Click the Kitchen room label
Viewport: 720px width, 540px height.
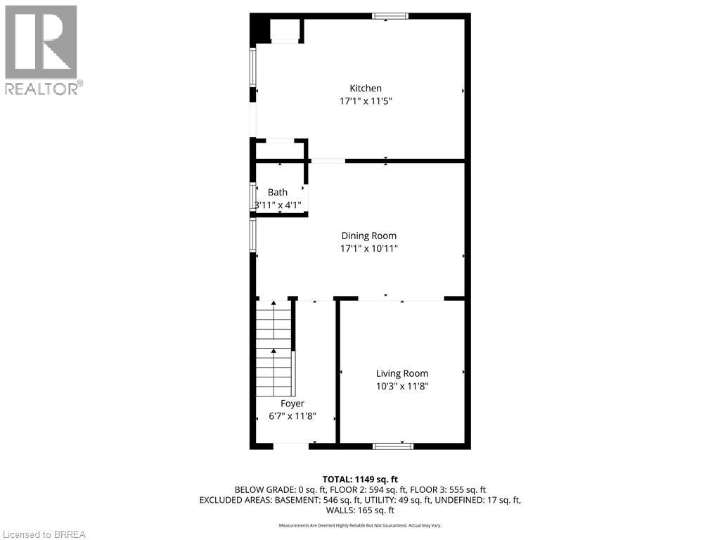[366, 88]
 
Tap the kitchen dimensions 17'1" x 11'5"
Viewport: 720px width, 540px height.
[366, 101]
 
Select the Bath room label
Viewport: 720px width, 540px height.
[278, 192]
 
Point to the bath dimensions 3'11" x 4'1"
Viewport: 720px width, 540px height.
[278, 205]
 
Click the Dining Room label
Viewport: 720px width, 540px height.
[369, 236]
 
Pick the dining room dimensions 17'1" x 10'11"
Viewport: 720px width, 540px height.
[369, 249]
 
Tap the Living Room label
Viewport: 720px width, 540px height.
[402, 373]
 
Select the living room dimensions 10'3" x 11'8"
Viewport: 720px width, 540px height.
[402, 387]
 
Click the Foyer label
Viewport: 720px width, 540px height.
[292, 404]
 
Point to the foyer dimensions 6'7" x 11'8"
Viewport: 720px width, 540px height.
[292, 416]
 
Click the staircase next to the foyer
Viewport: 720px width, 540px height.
[274, 348]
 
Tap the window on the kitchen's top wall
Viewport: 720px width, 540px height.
[390, 16]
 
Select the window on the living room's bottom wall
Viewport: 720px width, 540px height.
[393, 446]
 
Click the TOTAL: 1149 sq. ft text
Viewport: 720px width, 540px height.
[360, 479]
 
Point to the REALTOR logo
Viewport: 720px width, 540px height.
[41, 49]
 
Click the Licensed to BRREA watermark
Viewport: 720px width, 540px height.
[44, 534]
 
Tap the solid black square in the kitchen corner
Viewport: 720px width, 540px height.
[259, 30]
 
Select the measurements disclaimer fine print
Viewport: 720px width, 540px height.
[360, 525]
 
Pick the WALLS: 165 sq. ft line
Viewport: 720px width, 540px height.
[360, 510]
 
